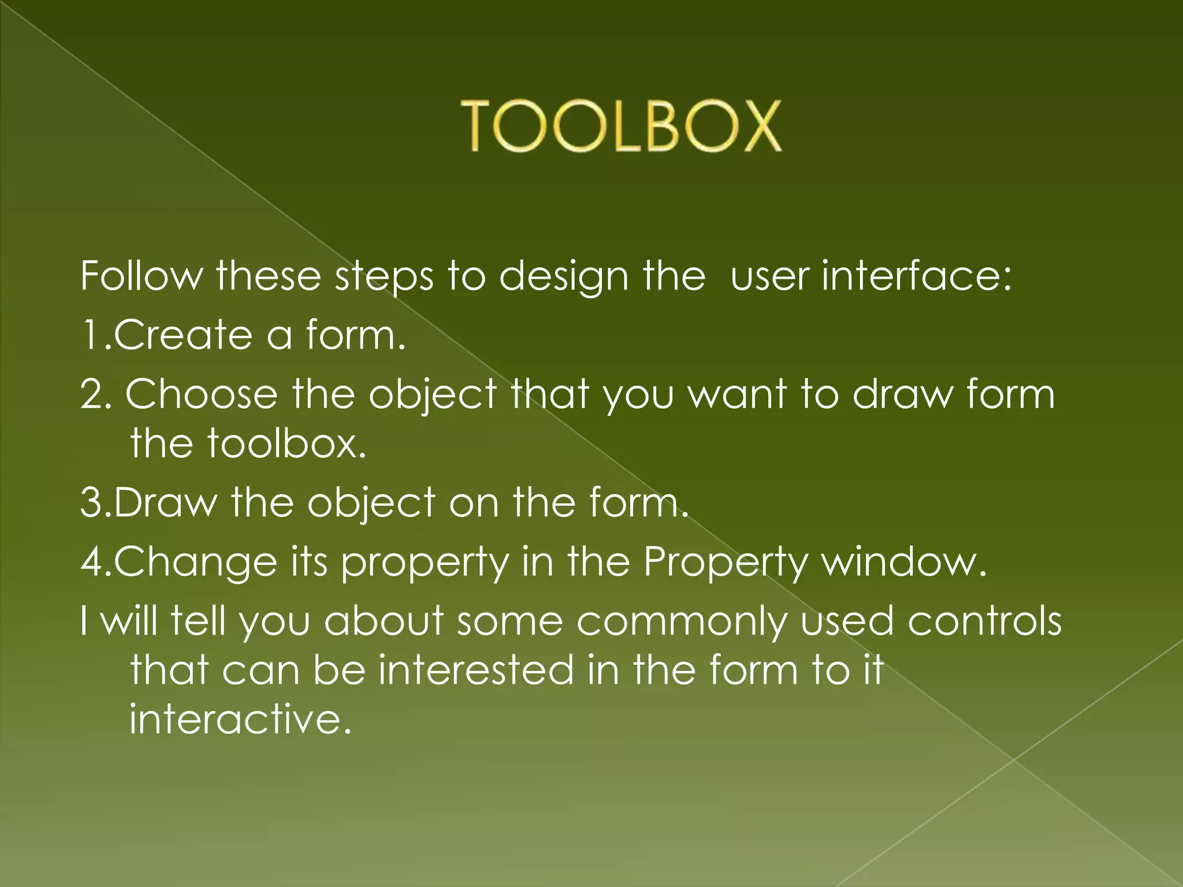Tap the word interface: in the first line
pos(917,276)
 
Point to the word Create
pos(184,335)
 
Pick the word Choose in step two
pos(202,394)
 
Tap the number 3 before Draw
pos(91,502)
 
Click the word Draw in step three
pos(166,502)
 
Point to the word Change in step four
pos(196,562)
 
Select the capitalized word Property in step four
pos(725,563)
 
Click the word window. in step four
pos(904,562)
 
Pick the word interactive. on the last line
pos(240,720)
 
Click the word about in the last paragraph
pos(384,621)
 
